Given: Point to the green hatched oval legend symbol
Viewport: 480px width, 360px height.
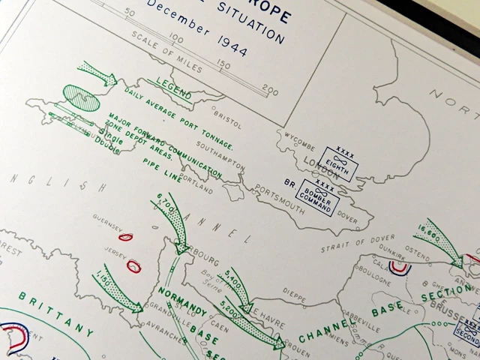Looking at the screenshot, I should click(x=80, y=97).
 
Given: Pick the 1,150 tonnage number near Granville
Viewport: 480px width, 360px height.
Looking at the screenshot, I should click(x=105, y=280).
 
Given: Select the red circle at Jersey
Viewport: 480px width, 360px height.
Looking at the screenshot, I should click(x=133, y=265).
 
